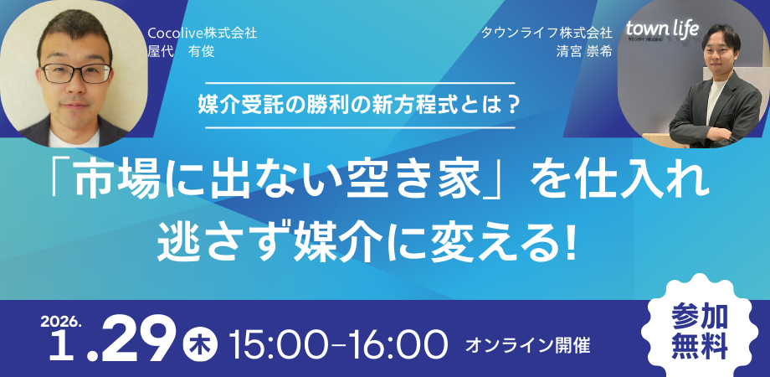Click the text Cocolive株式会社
click(203, 34)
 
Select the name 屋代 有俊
click(182, 52)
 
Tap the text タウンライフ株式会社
click(547, 34)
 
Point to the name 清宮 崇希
click(584, 52)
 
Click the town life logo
click(662, 29)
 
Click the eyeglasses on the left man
click(77, 73)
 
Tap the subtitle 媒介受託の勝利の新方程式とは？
click(360, 106)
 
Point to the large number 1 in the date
click(60, 346)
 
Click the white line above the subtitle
click(360, 83)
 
